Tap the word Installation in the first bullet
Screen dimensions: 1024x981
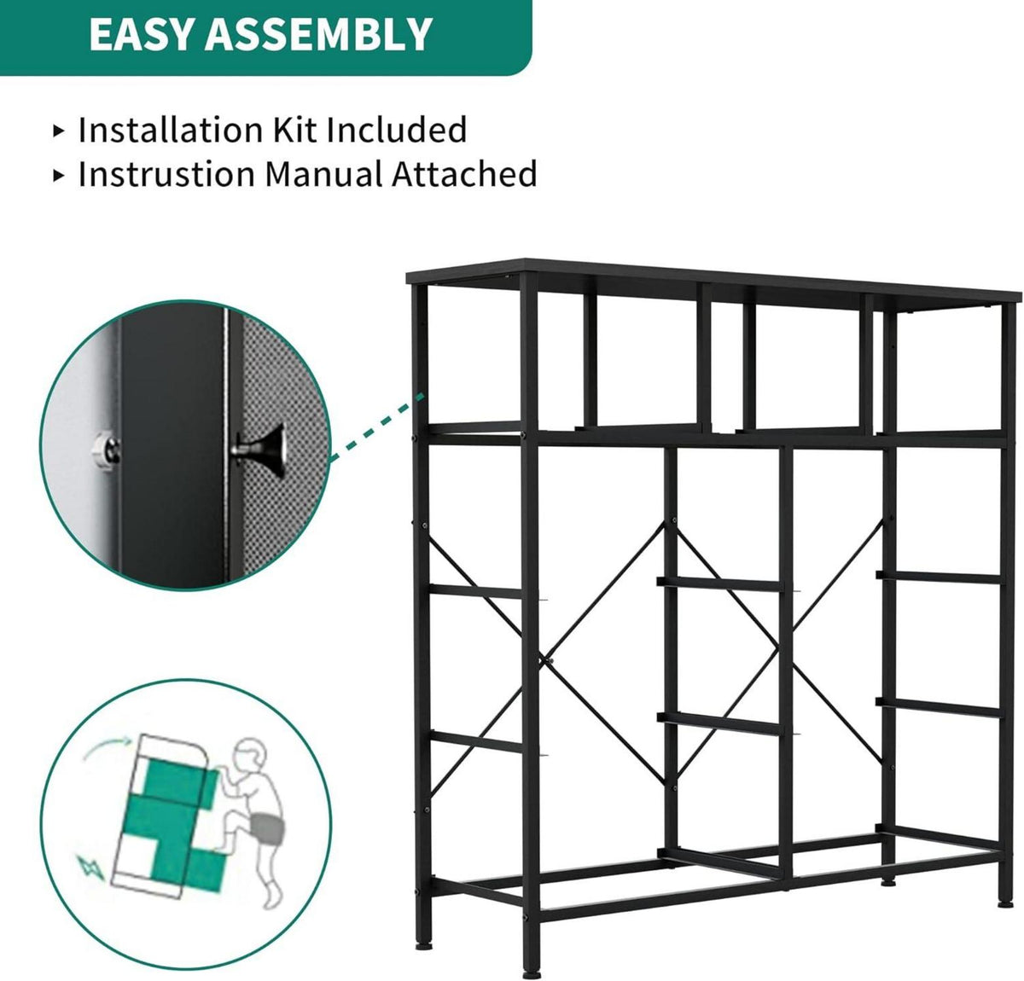pyautogui.click(x=171, y=130)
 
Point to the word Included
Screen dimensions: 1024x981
pyautogui.click(x=396, y=130)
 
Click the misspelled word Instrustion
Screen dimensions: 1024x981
pyautogui.click(x=166, y=173)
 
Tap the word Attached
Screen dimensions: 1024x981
pyautogui.click(x=463, y=173)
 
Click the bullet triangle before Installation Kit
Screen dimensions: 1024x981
pyautogui.click(x=58, y=131)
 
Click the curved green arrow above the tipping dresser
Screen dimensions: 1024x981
pyautogui.click(x=107, y=748)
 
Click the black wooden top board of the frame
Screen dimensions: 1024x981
pyautogui.click(x=713, y=284)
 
